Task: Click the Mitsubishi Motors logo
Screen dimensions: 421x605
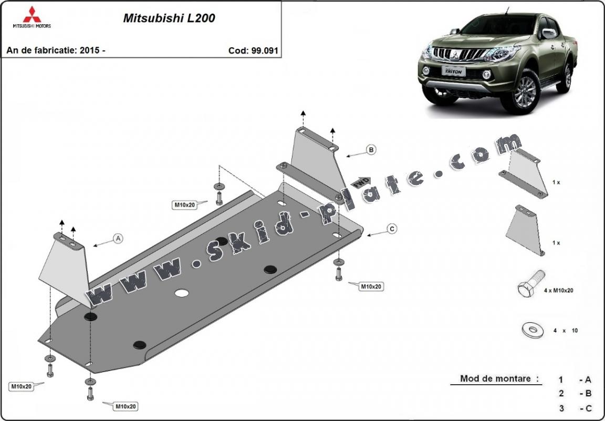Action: click(32, 17)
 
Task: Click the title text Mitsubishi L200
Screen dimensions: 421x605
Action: click(169, 18)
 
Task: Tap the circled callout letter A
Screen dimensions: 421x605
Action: click(118, 239)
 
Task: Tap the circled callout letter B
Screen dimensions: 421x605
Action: click(371, 150)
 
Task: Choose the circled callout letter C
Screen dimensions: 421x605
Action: click(392, 228)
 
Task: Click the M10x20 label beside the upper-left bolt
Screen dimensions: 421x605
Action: click(185, 204)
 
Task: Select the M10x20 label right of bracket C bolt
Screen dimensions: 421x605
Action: click(370, 286)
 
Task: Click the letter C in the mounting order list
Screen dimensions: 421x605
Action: click(589, 408)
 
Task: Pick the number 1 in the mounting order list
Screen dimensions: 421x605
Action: click(561, 379)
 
